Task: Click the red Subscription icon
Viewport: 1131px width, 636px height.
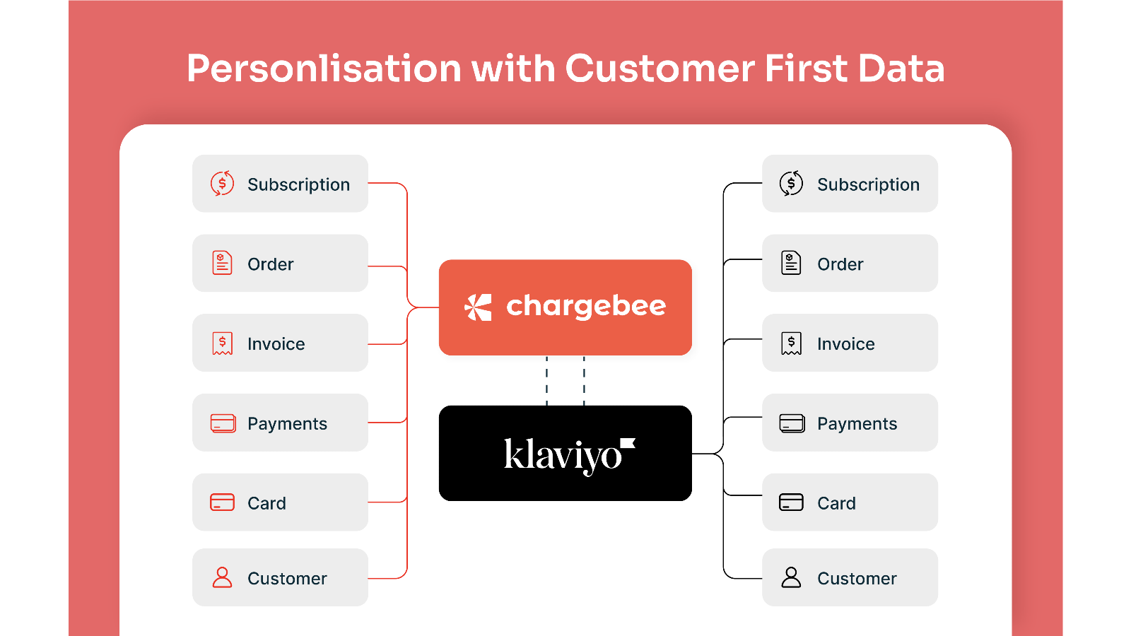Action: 222,183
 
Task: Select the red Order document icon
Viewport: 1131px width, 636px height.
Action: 222,262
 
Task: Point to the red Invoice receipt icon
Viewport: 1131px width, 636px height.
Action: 222,343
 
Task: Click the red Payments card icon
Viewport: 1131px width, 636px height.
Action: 223,423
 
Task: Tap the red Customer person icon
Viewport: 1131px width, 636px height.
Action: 222,577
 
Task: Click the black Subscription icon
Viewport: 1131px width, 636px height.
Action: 791,183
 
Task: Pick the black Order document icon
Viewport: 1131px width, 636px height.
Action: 791,262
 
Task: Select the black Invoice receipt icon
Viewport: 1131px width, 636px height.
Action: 791,343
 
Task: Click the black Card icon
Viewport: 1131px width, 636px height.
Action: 791,502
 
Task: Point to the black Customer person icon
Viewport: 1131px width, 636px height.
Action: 791,577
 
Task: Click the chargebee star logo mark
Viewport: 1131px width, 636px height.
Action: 478,307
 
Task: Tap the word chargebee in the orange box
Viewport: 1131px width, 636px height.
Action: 586,307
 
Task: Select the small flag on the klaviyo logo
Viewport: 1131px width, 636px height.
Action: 628,443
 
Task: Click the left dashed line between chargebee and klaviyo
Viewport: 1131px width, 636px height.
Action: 547,381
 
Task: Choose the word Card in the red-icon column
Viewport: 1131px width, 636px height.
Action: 266,503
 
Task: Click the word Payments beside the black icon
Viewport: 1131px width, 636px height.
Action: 857,424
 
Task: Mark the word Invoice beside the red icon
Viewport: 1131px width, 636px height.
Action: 276,343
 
